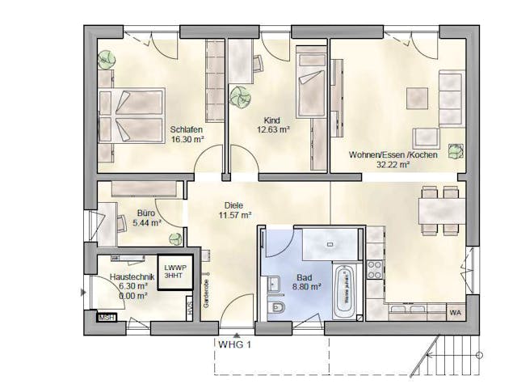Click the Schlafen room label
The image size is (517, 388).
coord(186,129)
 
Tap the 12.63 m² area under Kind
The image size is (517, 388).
coord(272,129)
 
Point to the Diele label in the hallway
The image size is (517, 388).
coord(233,205)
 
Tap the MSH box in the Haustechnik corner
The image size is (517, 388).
coord(106,318)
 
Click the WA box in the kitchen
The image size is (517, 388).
coord(455,312)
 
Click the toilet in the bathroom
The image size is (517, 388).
coord(275,310)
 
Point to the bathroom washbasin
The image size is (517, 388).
coord(272,283)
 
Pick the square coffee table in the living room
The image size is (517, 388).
coord(417,98)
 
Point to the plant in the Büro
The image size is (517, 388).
coord(174,238)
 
